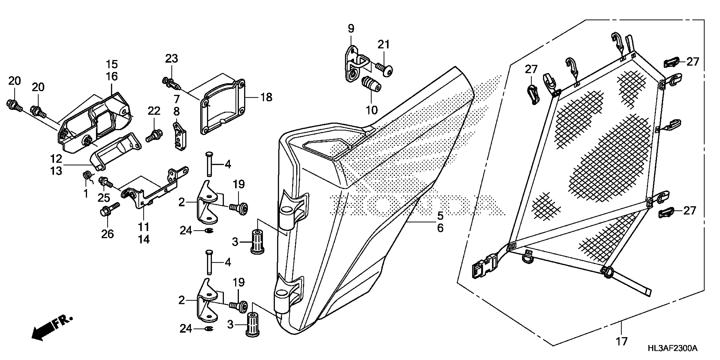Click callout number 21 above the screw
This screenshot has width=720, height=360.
tap(384, 44)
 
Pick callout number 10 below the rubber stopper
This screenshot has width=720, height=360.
tap(372, 110)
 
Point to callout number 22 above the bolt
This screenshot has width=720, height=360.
tap(154, 111)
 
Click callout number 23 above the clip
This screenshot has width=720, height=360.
tap(171, 59)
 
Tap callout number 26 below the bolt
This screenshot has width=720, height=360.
tap(108, 234)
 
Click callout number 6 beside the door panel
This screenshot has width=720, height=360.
tap(440, 228)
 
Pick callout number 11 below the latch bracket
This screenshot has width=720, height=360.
tap(144, 227)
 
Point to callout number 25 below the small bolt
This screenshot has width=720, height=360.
tap(104, 198)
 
